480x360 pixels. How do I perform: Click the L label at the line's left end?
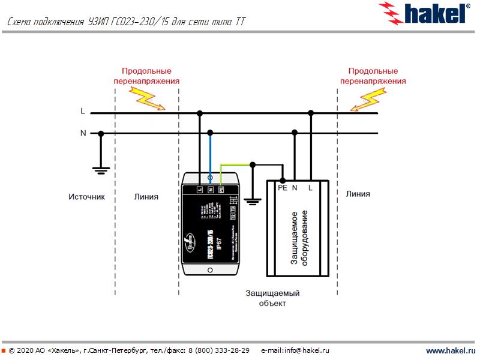point(83,112)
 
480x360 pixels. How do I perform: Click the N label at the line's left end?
point(83,133)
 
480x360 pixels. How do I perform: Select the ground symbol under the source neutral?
point(101,170)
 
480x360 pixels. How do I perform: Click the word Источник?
point(86,196)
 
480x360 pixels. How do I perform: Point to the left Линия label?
point(146,196)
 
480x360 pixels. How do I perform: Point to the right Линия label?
point(358,194)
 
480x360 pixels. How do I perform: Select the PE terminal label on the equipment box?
point(283,188)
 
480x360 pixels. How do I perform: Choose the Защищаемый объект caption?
point(272,298)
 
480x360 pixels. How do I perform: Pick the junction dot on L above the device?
point(200,112)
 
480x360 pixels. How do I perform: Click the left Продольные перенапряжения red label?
point(147,76)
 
